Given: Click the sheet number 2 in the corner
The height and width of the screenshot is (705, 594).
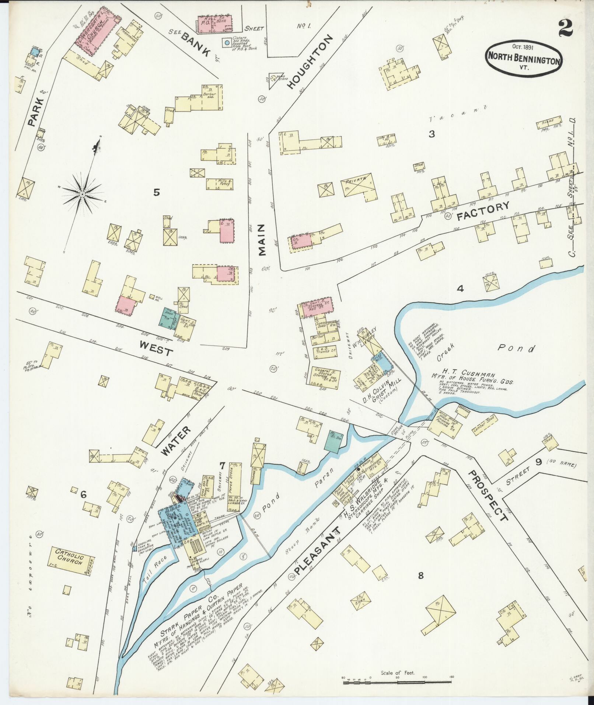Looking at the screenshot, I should pos(565,28).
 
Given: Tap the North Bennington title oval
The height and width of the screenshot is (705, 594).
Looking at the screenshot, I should pos(524,59).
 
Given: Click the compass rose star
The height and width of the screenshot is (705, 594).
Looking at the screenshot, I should pos(83,194).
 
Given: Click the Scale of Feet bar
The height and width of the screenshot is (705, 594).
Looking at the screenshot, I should pos(397,683).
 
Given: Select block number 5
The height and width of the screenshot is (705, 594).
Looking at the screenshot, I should pos(157,192).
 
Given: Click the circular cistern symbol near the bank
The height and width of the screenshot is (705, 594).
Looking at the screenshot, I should pos(227,43).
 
